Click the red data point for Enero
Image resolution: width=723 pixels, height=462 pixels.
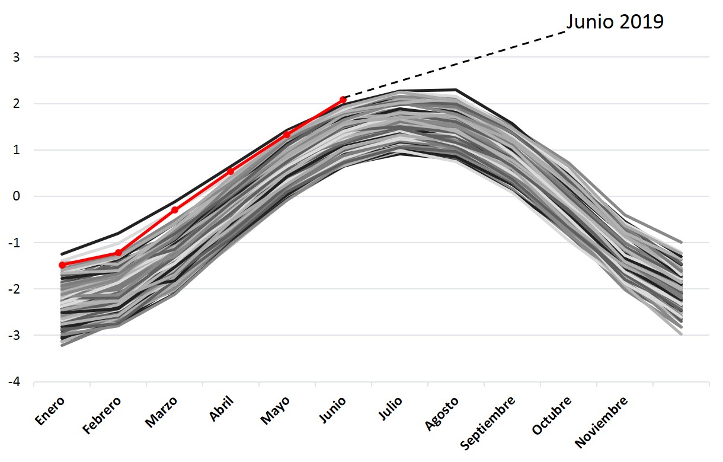(x=62, y=265)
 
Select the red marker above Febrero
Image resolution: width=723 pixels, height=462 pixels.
(x=119, y=253)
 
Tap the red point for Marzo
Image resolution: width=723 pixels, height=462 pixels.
(x=175, y=210)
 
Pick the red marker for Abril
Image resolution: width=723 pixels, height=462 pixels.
(x=231, y=171)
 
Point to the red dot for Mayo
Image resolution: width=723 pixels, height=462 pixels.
(x=287, y=135)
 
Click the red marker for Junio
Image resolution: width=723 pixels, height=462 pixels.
(x=343, y=100)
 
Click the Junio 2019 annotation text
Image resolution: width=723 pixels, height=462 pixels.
(x=615, y=22)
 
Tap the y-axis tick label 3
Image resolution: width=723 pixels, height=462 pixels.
(x=17, y=58)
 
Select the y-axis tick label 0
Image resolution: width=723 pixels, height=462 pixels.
(x=17, y=196)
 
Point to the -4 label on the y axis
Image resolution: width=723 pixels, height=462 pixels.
(x=14, y=382)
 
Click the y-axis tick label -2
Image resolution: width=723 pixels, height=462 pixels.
(x=14, y=289)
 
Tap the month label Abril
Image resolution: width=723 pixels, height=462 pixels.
(x=222, y=409)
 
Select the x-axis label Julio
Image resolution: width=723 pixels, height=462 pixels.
(x=391, y=409)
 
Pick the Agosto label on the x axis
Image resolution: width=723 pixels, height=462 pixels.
(x=442, y=413)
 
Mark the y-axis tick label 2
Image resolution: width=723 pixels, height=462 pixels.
(x=17, y=104)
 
